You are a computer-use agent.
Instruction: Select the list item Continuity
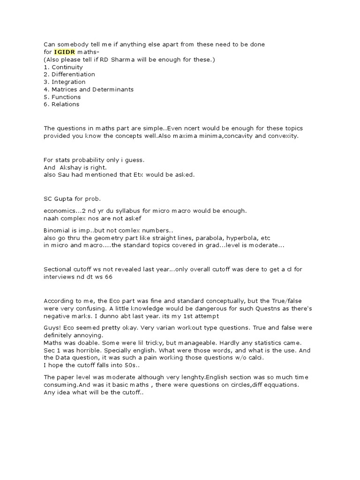(67, 67)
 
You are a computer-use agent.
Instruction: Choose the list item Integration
(68, 82)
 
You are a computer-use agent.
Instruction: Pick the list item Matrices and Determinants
(92, 90)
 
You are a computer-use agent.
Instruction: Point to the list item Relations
(66, 105)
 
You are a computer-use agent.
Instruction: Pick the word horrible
(83, 350)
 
